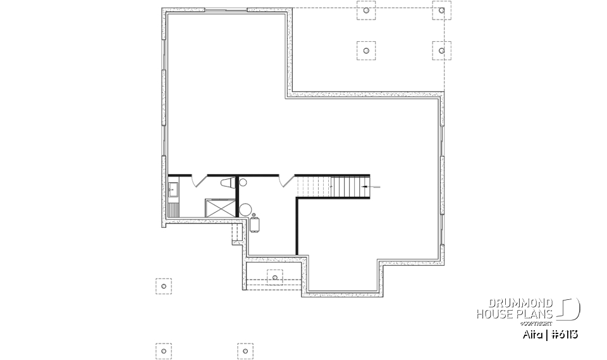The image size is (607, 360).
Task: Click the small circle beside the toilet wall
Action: (x=243, y=183)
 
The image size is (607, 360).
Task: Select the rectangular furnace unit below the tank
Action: (x=255, y=225)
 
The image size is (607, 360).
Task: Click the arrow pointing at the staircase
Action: (x=374, y=187)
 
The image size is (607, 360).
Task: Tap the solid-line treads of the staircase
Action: (x=350, y=187)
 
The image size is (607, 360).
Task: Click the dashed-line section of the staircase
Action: (x=314, y=187)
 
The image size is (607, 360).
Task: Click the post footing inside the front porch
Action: (x=275, y=276)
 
